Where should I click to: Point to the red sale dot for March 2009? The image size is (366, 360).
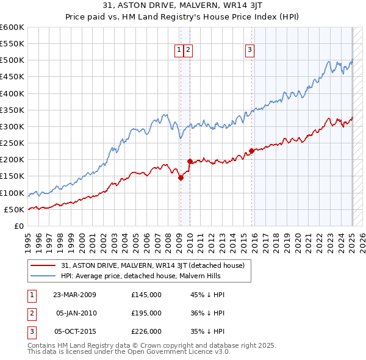coord(181,178)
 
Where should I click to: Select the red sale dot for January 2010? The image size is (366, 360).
coord(189,162)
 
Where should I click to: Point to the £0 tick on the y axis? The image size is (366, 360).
coord(20,226)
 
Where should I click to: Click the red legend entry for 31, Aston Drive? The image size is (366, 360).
coord(152,265)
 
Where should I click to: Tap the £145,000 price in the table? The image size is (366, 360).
coord(146,295)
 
